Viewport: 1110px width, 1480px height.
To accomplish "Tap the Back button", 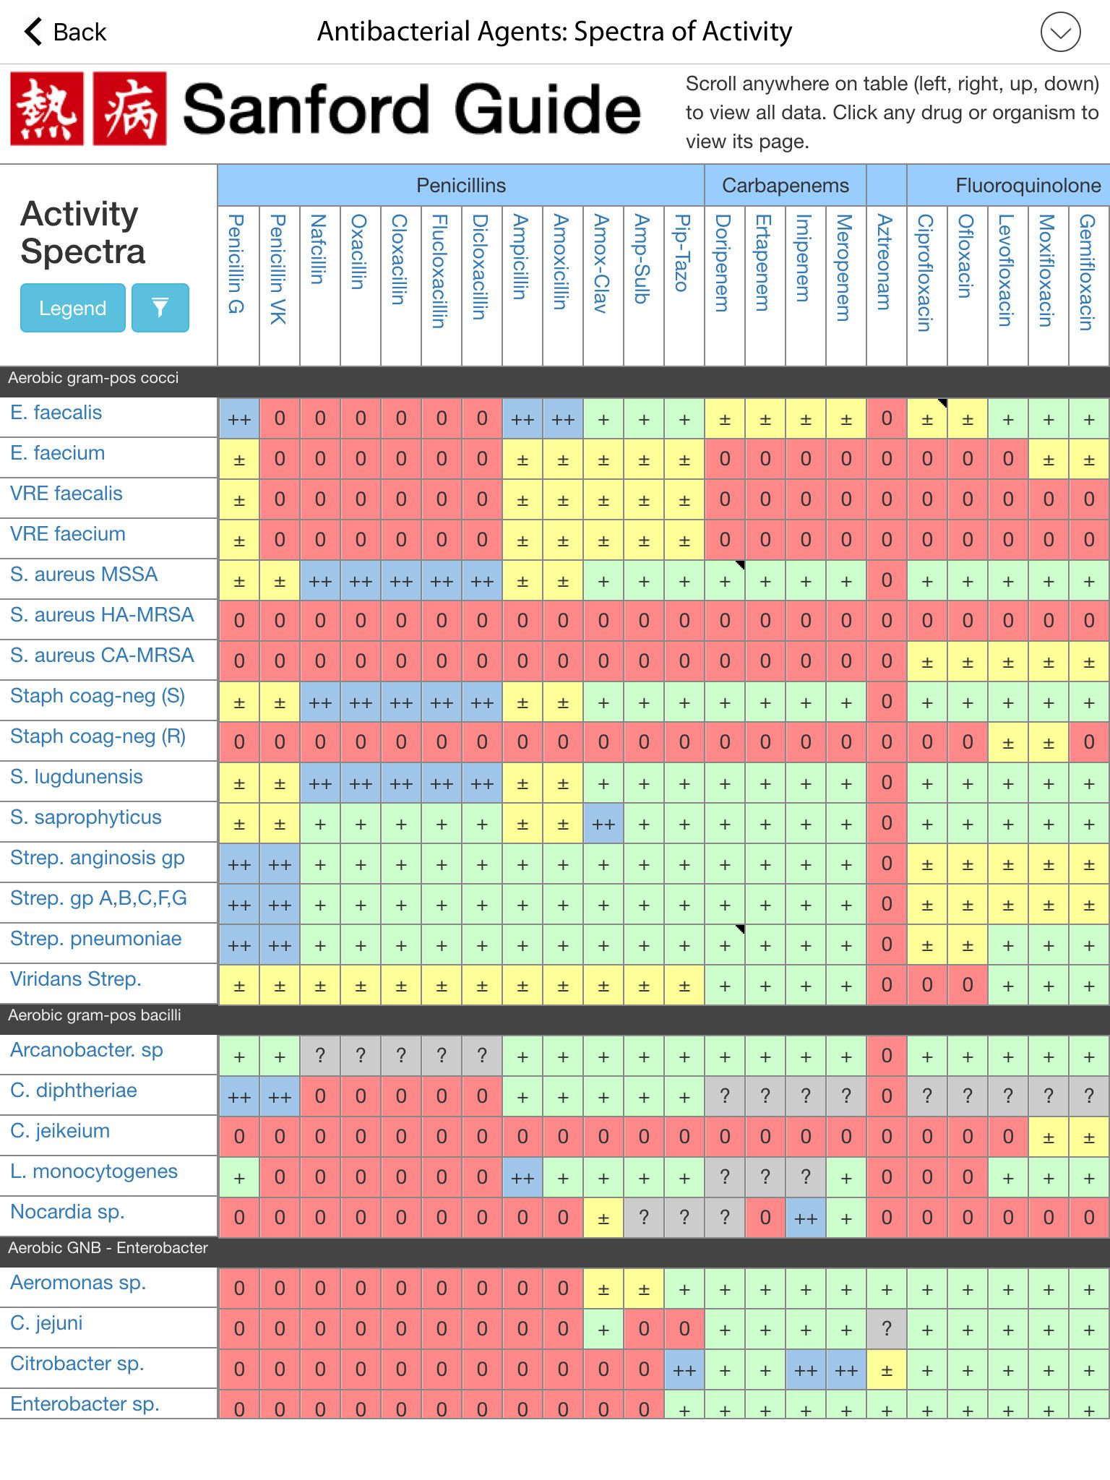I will click(x=65, y=32).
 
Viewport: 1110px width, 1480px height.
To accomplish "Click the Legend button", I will click(x=72, y=309).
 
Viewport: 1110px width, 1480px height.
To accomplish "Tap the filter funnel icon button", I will click(x=160, y=309).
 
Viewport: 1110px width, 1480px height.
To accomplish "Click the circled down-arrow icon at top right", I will click(x=1060, y=33).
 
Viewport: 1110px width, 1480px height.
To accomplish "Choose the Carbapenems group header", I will click(x=785, y=186).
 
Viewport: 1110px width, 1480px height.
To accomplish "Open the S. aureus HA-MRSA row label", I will click(x=102, y=615).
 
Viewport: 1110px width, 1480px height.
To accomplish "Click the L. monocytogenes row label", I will click(x=94, y=1171).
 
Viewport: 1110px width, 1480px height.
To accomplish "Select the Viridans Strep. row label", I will click(x=76, y=979).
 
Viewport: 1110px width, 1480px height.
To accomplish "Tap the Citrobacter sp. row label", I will click(x=77, y=1364).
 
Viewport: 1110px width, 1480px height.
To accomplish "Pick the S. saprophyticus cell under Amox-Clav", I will click(x=603, y=824).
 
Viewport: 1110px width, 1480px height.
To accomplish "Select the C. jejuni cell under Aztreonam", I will click(x=886, y=1328).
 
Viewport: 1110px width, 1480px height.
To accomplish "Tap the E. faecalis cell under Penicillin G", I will click(x=239, y=419).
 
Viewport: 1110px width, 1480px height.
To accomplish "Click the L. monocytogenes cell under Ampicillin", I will click(x=522, y=1178).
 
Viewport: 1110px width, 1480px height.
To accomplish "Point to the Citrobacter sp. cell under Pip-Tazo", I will click(x=684, y=1369).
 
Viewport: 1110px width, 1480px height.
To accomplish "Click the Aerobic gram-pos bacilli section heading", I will click(x=95, y=1015).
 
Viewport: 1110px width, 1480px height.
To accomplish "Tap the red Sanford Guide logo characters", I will click(x=88, y=108).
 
